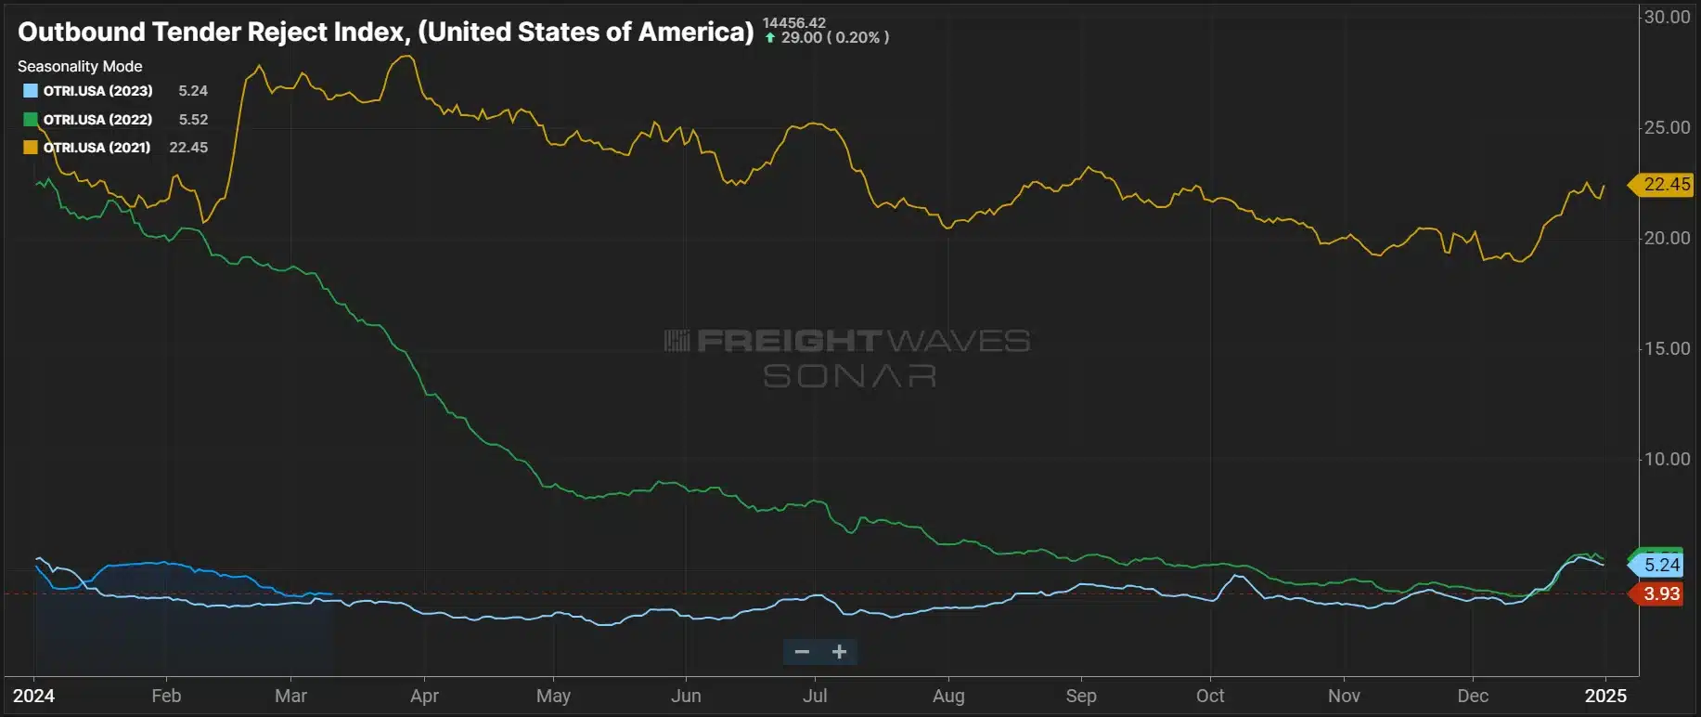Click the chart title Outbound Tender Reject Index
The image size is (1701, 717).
(385, 33)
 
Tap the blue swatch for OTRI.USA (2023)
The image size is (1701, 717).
(31, 91)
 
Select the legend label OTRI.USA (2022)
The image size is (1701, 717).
(97, 120)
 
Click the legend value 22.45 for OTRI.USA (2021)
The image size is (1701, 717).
(188, 148)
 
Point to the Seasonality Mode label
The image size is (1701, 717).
(80, 67)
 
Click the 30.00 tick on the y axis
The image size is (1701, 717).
(1667, 17)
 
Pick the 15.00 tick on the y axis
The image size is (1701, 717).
(1667, 348)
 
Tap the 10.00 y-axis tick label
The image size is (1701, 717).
(1667, 459)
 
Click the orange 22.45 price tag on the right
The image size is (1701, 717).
(1665, 185)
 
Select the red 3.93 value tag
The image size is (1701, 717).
(1661, 593)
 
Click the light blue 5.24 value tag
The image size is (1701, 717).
(1661, 565)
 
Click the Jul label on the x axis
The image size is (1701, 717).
(815, 696)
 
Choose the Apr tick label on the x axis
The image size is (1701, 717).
(424, 696)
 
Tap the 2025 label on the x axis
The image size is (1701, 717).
(1605, 696)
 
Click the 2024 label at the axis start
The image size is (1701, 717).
(33, 696)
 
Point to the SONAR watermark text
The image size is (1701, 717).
(849, 376)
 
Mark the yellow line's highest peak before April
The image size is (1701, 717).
(406, 57)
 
